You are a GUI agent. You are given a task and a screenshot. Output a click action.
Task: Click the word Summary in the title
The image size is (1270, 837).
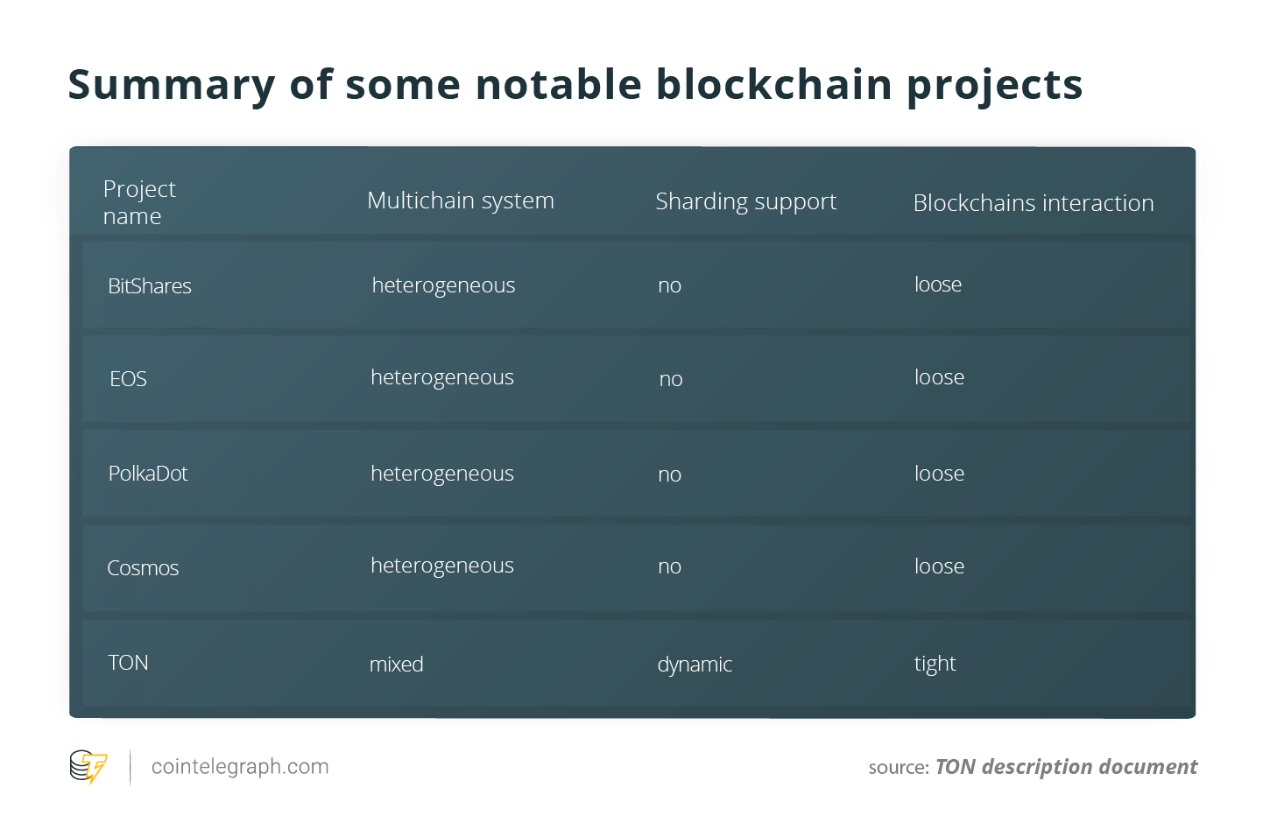[171, 86]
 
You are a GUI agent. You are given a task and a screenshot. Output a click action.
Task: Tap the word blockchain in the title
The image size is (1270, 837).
[773, 84]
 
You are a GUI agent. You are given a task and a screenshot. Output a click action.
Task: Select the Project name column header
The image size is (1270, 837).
[139, 202]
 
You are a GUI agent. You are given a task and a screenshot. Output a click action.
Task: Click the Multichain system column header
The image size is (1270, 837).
[461, 200]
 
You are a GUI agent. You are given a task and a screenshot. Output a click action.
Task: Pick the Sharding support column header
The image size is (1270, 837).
[745, 201]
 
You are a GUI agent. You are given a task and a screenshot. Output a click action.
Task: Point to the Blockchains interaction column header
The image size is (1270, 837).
[1034, 203]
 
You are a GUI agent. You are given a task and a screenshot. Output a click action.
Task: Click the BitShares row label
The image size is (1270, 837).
[150, 285]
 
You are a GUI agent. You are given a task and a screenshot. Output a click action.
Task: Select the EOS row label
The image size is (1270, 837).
[128, 378]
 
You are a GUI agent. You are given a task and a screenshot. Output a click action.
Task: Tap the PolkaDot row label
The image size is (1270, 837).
[148, 473]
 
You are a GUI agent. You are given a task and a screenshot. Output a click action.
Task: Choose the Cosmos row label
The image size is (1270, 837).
[143, 568]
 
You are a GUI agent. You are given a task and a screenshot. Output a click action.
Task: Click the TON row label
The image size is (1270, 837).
[128, 663]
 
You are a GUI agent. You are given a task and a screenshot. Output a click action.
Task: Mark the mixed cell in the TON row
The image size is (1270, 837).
[396, 664]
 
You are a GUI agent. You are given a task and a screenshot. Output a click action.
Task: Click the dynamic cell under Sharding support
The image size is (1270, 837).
[695, 665]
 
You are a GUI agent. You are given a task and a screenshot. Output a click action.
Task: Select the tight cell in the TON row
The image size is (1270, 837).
[935, 663]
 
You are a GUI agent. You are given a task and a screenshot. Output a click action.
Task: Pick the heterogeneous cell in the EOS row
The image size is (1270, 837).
[442, 377]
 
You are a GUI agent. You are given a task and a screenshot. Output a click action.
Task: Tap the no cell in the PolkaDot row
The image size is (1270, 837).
[669, 475]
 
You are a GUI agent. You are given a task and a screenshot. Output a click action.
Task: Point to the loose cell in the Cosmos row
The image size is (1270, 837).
[940, 566]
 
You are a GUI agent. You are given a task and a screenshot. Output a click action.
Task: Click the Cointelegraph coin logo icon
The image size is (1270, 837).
[88, 767]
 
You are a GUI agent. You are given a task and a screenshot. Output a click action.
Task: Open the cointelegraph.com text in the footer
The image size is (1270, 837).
[240, 767]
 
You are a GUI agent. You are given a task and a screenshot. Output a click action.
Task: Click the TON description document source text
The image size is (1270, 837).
[1066, 767]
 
